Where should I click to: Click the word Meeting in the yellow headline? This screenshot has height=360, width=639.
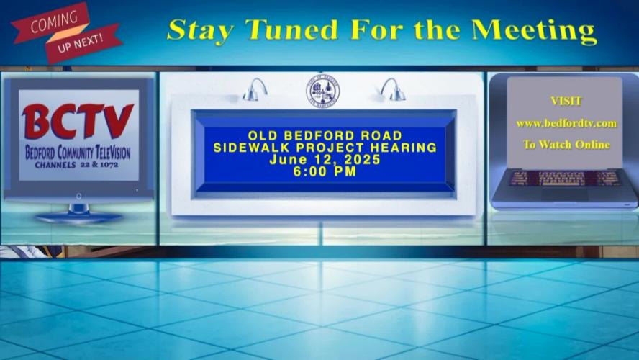pos(534,32)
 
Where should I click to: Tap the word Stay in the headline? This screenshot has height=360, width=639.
pos(200,30)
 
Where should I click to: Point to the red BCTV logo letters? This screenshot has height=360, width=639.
pos(78,121)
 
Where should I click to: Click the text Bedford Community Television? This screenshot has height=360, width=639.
pos(78,153)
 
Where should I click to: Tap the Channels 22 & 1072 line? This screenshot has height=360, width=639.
pos(76,165)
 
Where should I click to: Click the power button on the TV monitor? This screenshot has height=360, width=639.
pos(78,196)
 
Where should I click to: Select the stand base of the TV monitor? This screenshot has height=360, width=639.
pos(78,217)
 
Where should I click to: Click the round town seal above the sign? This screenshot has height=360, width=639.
pos(322,91)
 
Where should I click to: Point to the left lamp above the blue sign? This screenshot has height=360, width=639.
pos(255,90)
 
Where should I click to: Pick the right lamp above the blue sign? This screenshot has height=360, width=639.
pos(392,89)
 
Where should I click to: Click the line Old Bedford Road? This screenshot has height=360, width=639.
pos(325,135)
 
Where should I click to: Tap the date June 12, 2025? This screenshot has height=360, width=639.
pos(325,159)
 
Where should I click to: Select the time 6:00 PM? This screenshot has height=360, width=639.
pos(325,171)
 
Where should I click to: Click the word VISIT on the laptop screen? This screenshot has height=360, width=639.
pos(566,101)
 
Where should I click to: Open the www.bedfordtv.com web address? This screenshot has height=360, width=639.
pos(566,123)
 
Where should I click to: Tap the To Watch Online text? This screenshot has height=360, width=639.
pos(566,145)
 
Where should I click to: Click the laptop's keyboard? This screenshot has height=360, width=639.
pos(565,179)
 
